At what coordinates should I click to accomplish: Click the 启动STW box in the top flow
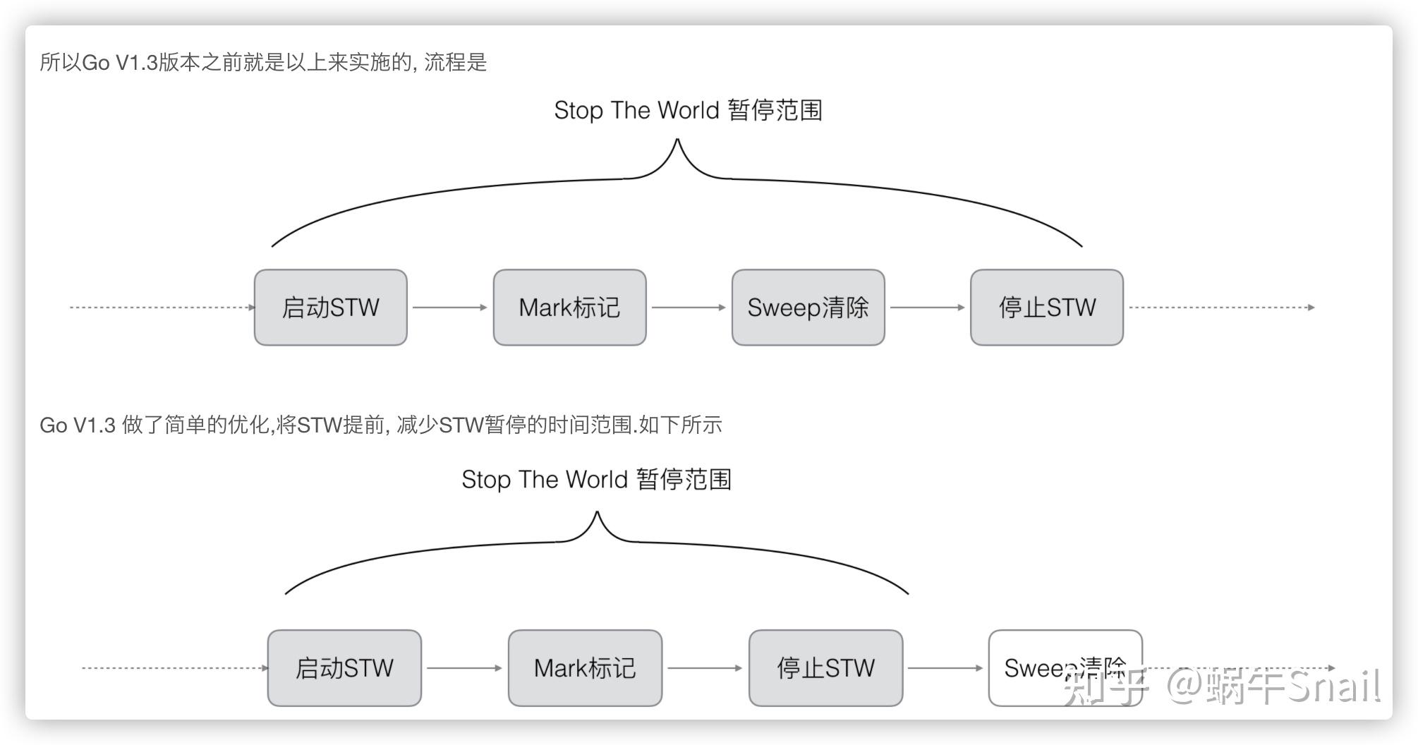330,308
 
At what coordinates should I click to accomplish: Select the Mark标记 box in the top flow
569,308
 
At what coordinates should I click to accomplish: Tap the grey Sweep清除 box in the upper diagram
808,308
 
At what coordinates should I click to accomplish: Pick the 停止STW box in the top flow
1046,308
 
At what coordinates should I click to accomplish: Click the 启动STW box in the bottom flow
344,668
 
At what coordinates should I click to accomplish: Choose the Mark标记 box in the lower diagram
585,668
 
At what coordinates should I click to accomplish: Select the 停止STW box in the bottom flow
825,668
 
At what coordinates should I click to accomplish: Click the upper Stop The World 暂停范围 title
688,111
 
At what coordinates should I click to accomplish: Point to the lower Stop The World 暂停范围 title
596,480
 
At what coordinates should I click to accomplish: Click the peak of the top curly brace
677,141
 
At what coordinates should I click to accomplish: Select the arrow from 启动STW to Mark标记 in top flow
449,308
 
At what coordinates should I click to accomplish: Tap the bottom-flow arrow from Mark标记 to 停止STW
704,668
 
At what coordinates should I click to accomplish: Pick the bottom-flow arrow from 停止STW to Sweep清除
945,668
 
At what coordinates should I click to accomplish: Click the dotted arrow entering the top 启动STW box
162,308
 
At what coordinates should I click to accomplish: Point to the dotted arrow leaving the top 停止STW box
1220,308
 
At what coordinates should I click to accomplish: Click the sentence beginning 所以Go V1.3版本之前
263,63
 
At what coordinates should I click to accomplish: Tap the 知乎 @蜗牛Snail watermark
1220,686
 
